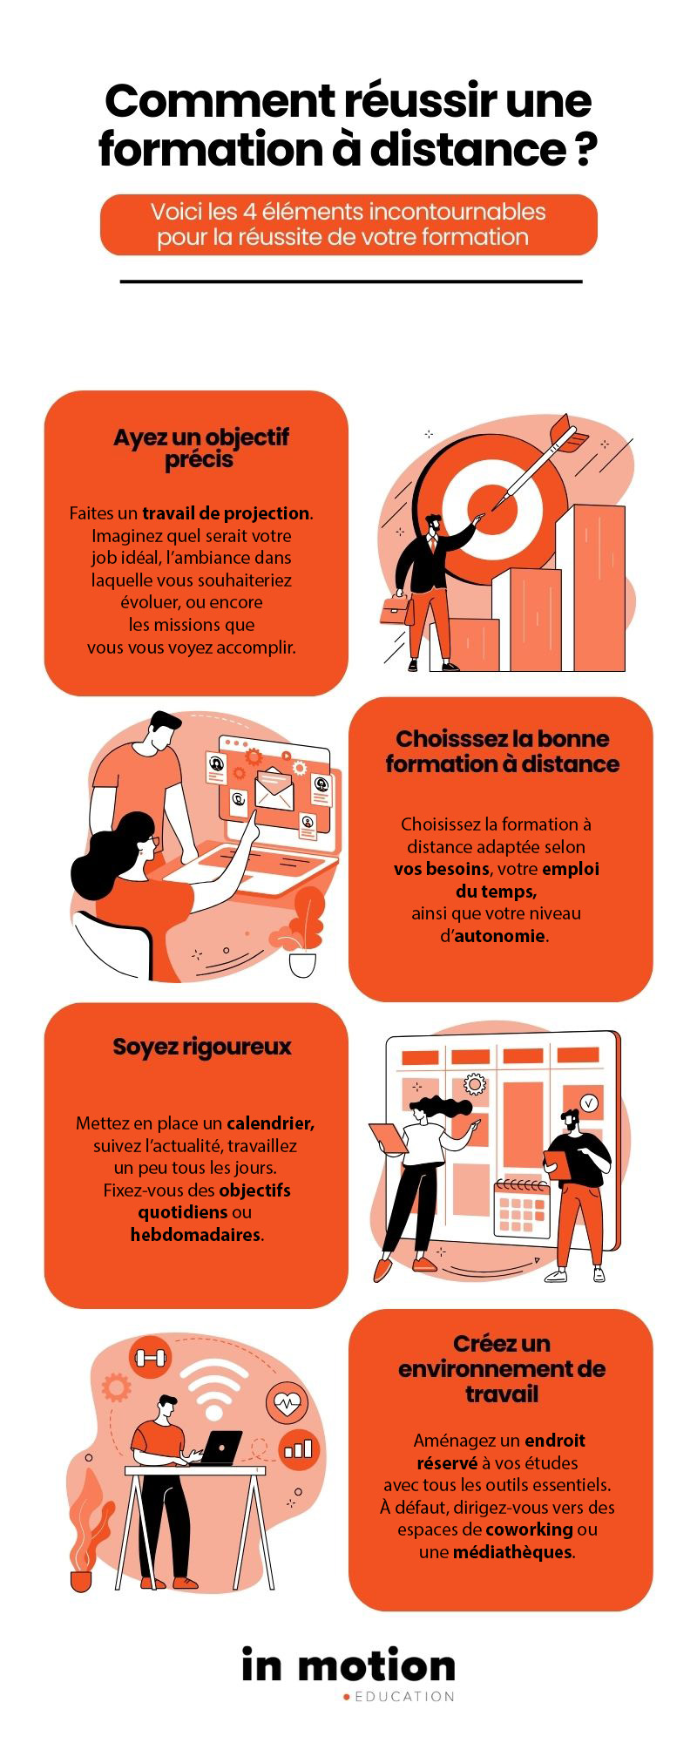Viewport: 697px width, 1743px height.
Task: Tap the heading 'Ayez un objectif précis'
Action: (200, 448)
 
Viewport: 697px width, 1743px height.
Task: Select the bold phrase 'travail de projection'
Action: (226, 513)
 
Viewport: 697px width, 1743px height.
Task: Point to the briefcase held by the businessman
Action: (396, 609)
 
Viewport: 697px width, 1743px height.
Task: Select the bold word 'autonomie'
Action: (499, 936)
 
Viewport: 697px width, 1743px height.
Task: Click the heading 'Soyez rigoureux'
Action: (201, 1047)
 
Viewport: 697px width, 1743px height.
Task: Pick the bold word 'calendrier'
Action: (269, 1123)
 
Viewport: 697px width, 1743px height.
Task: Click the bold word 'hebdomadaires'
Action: (195, 1235)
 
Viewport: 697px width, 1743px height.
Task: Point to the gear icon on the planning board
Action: (474, 1083)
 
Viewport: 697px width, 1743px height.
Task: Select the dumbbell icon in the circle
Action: (150, 1357)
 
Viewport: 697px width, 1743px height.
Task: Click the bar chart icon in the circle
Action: (298, 1449)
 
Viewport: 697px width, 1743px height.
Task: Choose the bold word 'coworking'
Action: (529, 1529)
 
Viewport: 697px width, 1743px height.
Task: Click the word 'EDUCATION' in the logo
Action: (404, 1697)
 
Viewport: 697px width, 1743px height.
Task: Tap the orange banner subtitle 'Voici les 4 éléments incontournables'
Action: (348, 212)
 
